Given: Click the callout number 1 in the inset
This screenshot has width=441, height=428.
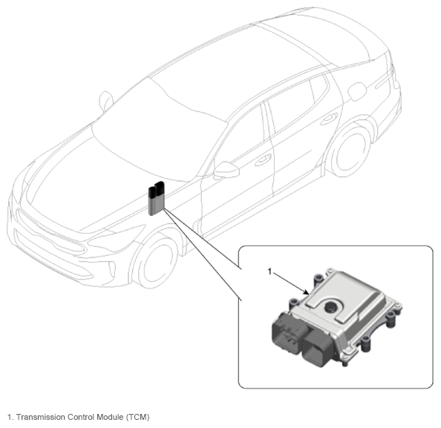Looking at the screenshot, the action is (x=269, y=271).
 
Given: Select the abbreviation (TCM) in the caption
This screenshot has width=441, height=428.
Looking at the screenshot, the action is (x=137, y=417).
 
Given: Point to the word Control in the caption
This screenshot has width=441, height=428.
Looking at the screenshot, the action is (x=80, y=417).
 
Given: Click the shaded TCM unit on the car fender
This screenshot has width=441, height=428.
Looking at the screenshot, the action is (x=156, y=199).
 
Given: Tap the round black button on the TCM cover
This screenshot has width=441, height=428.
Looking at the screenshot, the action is (x=331, y=306).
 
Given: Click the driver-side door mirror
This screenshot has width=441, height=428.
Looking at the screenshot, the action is (x=226, y=170).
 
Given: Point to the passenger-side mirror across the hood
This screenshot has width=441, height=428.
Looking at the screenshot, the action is (x=106, y=101).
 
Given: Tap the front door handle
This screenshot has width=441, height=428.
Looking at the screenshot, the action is (x=263, y=160).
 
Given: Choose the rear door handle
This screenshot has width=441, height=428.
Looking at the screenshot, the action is (x=329, y=119).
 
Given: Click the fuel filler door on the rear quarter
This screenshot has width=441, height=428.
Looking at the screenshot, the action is (x=357, y=91).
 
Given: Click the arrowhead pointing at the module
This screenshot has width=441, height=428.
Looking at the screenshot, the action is (x=307, y=292).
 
